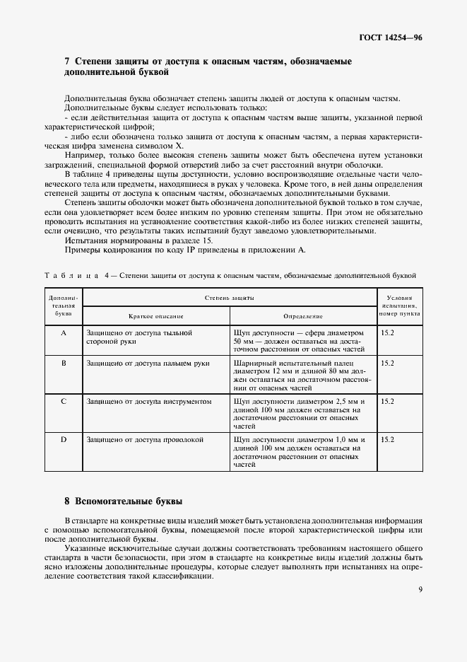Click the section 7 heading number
click(x=67, y=62)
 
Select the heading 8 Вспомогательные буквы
click(x=124, y=501)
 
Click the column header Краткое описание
click(x=155, y=316)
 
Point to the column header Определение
click(x=303, y=316)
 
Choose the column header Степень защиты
click(x=230, y=299)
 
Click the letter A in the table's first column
click(x=64, y=332)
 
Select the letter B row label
click(x=64, y=363)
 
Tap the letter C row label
click(x=64, y=401)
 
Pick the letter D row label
click(x=64, y=439)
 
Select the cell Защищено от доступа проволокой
click(x=144, y=439)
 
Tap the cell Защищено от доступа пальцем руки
click(x=147, y=363)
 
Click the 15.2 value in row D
click(x=387, y=439)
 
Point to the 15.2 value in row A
click(x=387, y=332)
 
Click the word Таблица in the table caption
click(x=69, y=275)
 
